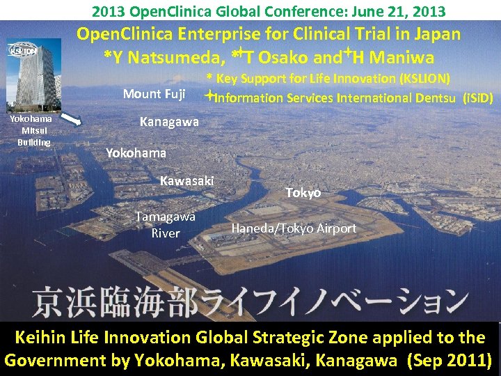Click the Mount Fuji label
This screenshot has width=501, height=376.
154,94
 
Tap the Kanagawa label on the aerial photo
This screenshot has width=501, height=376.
169,122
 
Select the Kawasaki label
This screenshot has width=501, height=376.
186,181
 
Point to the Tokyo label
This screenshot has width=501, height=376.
303,192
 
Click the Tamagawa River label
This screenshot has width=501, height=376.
166,225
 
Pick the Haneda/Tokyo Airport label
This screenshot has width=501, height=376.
294,228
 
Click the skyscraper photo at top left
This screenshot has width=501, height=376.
33,75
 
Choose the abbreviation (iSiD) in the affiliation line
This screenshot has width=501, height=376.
478,98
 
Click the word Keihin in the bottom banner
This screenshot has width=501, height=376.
43,338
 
